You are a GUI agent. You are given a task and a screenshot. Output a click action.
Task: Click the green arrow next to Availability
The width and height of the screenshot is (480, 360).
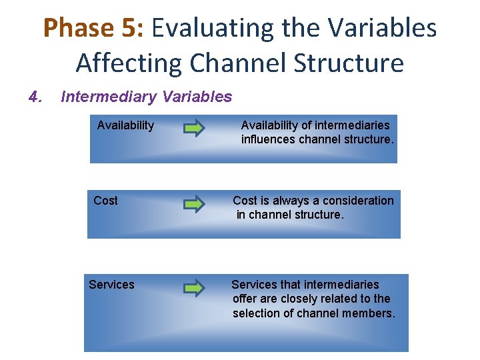pos(195,128)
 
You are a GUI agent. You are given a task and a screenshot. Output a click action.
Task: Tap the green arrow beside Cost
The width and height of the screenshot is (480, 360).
pos(195,203)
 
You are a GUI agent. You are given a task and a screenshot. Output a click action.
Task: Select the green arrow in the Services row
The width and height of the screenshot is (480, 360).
pos(195,288)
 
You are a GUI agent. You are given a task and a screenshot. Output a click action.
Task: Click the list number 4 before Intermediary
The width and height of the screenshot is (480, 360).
pos(35,97)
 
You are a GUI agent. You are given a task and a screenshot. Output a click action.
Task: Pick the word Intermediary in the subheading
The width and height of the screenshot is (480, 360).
pos(106,97)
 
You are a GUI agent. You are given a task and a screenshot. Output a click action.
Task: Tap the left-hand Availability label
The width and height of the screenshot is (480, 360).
pos(125,125)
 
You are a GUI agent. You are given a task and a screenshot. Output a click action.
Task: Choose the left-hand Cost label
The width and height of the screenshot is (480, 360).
pos(105,201)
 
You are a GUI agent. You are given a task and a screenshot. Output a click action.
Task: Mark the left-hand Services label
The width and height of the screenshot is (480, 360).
pos(111,285)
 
